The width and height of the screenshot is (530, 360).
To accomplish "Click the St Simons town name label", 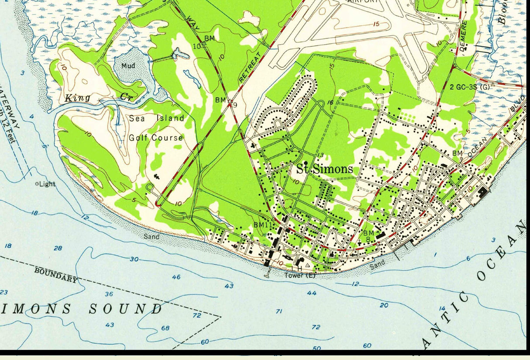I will tap(325, 169).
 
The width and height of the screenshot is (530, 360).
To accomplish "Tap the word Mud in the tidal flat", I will tap(128, 66).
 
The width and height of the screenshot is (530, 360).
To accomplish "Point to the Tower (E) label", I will tap(299, 276).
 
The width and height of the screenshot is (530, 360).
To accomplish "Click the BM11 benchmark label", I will tap(263, 225).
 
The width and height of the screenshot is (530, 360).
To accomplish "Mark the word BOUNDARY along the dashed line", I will tap(56, 275).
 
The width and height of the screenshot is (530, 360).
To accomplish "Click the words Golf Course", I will tap(156, 138).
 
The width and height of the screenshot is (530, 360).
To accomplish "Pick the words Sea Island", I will tap(156, 118).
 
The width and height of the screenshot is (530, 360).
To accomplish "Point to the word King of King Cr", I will tap(77, 98).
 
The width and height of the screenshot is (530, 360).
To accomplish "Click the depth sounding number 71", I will tap(279, 312).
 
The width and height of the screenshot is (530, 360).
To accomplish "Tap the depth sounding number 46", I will tap(176, 277).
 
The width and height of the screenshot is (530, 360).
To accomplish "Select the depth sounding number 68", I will tap(165, 328).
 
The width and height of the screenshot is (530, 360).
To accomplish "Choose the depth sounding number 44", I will tap(311, 293).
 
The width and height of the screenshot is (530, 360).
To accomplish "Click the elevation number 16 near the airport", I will tap(330, 103).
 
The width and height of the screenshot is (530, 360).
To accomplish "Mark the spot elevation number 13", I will tap(320, 155).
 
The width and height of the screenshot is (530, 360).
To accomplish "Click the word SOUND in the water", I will tap(126, 309).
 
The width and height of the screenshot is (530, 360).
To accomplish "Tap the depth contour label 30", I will tap(134, 259).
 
